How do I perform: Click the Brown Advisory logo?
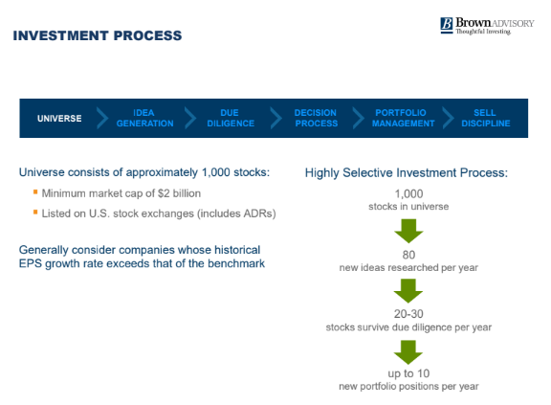point(487,26)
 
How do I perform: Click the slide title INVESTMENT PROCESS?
point(98,35)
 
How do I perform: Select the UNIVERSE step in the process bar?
point(59,119)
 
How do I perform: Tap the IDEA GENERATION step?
point(144,118)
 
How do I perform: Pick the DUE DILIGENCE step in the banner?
point(231,118)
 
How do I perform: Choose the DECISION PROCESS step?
point(316,118)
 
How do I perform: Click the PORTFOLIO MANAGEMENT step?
point(403,118)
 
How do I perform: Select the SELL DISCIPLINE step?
point(486,118)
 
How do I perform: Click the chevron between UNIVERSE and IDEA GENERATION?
point(102,118)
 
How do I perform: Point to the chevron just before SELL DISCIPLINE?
point(449,118)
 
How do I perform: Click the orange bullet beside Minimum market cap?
point(35,191)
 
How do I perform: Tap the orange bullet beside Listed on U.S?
point(35,212)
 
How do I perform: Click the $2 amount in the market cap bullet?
point(164,193)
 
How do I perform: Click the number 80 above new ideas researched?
point(408,255)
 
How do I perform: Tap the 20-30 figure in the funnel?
point(408,314)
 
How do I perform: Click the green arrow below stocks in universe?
point(408,231)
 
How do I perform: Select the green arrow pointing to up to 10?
point(408,352)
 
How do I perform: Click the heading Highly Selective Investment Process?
point(407,173)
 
